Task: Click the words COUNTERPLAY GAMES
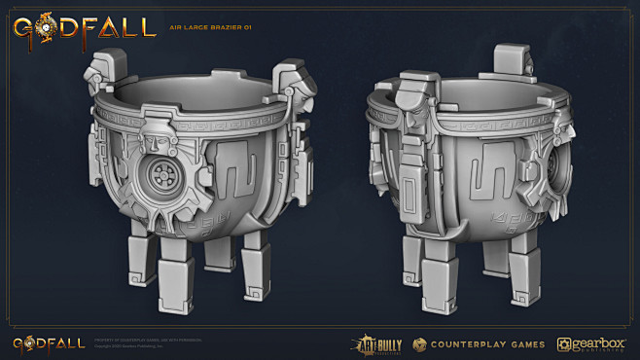point(483,344)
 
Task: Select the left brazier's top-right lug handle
point(291,80)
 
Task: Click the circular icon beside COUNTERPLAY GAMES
point(419,344)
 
